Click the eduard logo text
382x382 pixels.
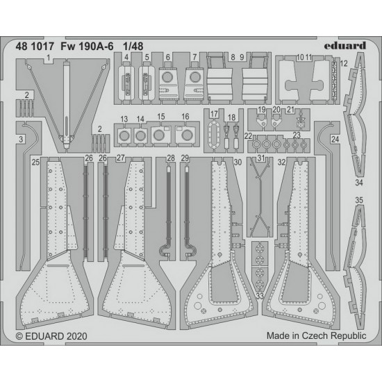tap(344, 46)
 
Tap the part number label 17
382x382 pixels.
tap(214, 114)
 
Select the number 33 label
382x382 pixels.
tap(260, 296)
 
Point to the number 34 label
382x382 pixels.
tap(359, 183)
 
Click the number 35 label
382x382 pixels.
tap(359, 200)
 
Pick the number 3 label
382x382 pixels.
tap(21, 140)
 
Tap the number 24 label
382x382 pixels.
tap(335, 140)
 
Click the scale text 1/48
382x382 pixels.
tap(133, 47)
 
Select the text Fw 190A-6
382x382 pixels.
tap(87, 47)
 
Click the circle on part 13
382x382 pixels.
tap(124, 135)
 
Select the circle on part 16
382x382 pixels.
tap(187, 135)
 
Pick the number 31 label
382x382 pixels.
tap(261, 158)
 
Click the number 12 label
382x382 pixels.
tap(344, 64)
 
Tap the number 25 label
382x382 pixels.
tap(35, 162)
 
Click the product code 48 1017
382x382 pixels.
tap(31, 47)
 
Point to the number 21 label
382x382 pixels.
tap(290, 110)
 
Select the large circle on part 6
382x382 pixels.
tap(167, 77)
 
